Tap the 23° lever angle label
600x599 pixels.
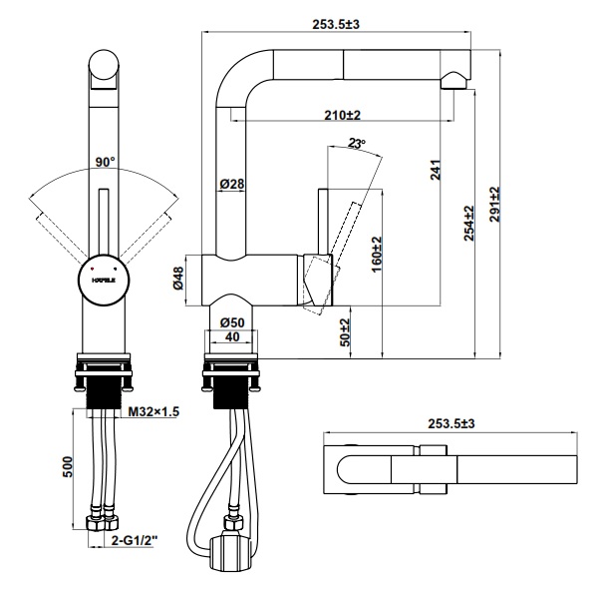(358, 144)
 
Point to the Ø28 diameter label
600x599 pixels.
(231, 185)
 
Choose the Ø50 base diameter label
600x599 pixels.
(231, 321)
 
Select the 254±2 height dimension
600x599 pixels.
(467, 224)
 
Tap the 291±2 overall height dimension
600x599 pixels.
(495, 206)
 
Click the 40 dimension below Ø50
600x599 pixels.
(231, 337)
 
